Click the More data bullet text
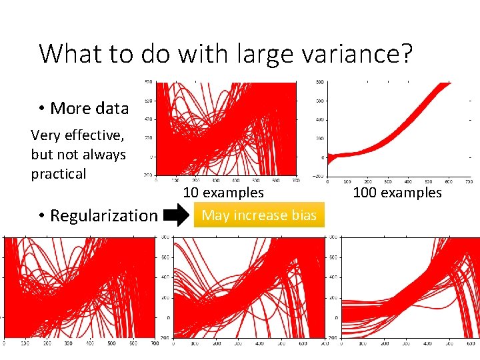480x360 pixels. pos(89,108)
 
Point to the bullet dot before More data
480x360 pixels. pos(41,109)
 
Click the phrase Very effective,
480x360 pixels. pos(77,135)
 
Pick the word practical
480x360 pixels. pos(59,174)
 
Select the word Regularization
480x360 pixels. pos(103,215)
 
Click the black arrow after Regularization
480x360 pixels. pos(177,215)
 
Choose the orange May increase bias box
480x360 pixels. pos(259,215)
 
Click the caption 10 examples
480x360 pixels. pos(223,193)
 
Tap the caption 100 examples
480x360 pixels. pos(397,193)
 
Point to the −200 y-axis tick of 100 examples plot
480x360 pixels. pos(319,177)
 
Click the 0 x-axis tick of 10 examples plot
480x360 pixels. pos(156,180)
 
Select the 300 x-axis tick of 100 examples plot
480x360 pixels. pos(387,181)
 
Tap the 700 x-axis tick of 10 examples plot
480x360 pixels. pos(295,180)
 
